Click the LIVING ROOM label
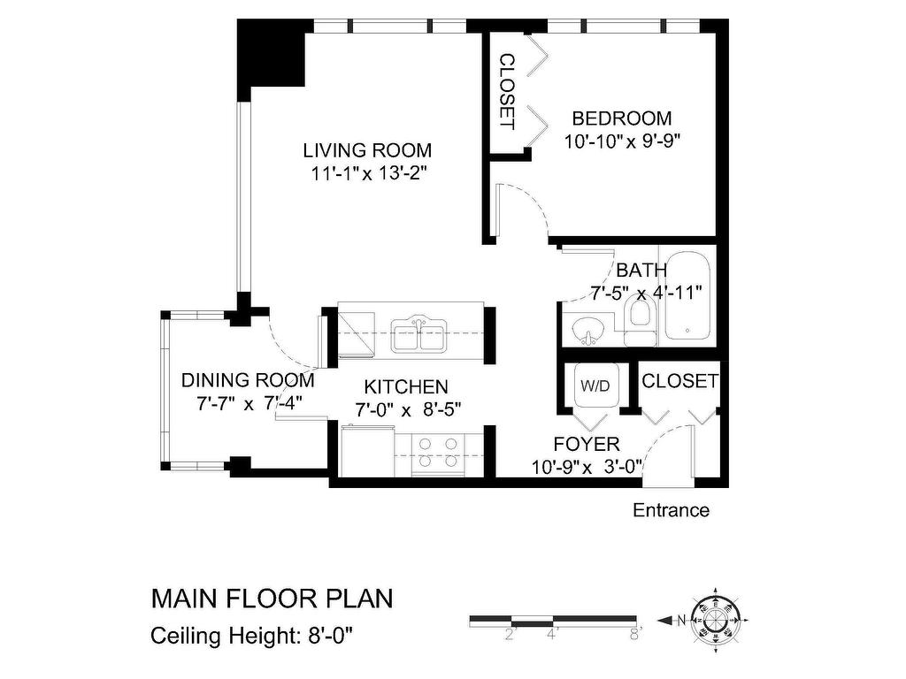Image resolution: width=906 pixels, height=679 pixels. (367, 150)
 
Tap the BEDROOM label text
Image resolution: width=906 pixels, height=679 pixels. (621, 118)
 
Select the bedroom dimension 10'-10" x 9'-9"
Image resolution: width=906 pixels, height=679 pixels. (621, 141)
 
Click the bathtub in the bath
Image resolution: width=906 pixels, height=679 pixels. (687, 299)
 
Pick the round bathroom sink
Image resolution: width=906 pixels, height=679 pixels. (586, 331)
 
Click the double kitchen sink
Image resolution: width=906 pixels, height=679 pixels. (418, 335)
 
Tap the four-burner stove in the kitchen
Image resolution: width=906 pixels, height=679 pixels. (438, 453)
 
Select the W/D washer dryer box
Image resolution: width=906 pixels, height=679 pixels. (594, 386)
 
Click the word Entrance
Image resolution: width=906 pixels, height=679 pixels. (671, 510)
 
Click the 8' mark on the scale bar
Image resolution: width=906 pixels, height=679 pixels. (633, 633)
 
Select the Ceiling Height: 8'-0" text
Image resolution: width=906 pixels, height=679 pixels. (257, 635)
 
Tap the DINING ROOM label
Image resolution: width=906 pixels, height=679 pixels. (248, 381)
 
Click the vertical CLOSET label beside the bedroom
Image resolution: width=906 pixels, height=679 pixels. (507, 91)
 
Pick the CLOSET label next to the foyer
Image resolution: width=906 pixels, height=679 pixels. (679, 381)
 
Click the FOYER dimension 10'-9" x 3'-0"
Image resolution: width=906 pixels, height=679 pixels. (586, 466)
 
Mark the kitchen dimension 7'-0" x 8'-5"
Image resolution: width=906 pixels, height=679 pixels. (407, 409)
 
